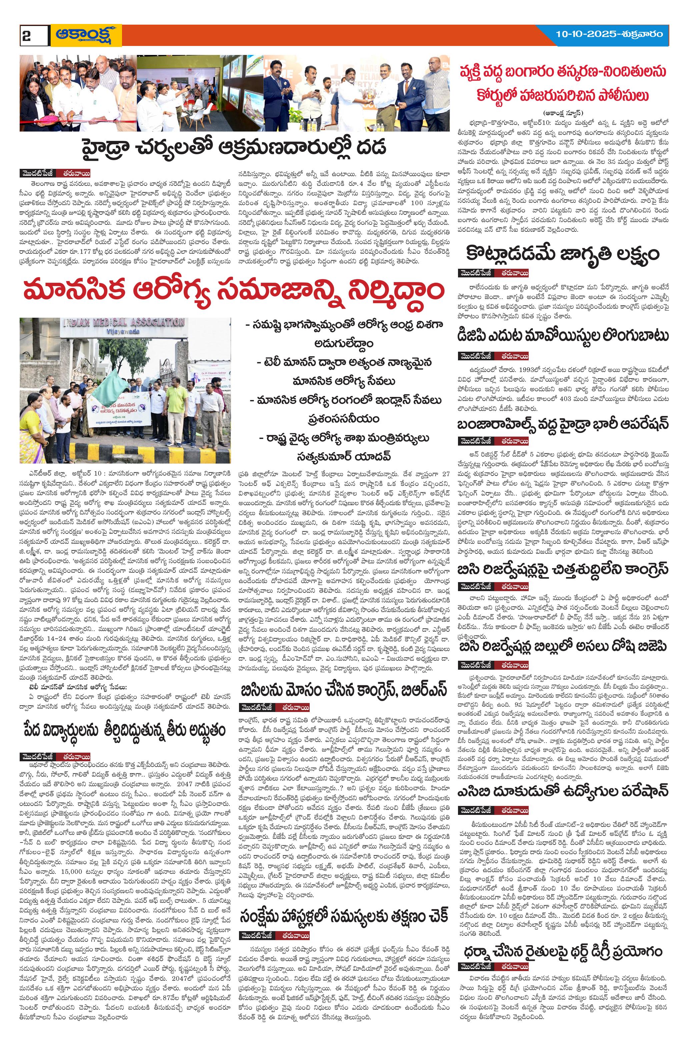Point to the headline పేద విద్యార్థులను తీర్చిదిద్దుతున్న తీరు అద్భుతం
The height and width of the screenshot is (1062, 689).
(x=123, y=731)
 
